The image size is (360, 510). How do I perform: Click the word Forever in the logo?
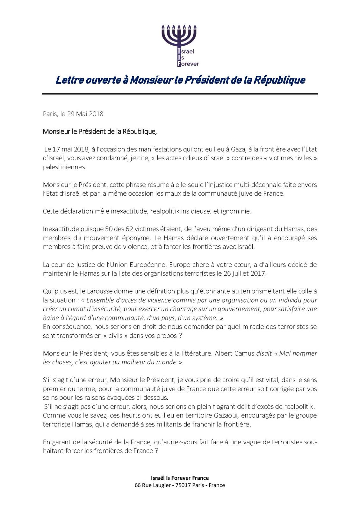(190, 64)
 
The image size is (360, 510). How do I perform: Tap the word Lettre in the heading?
(68, 80)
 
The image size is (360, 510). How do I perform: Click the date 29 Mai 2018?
(85, 113)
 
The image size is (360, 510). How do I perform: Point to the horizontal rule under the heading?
(180, 94)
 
